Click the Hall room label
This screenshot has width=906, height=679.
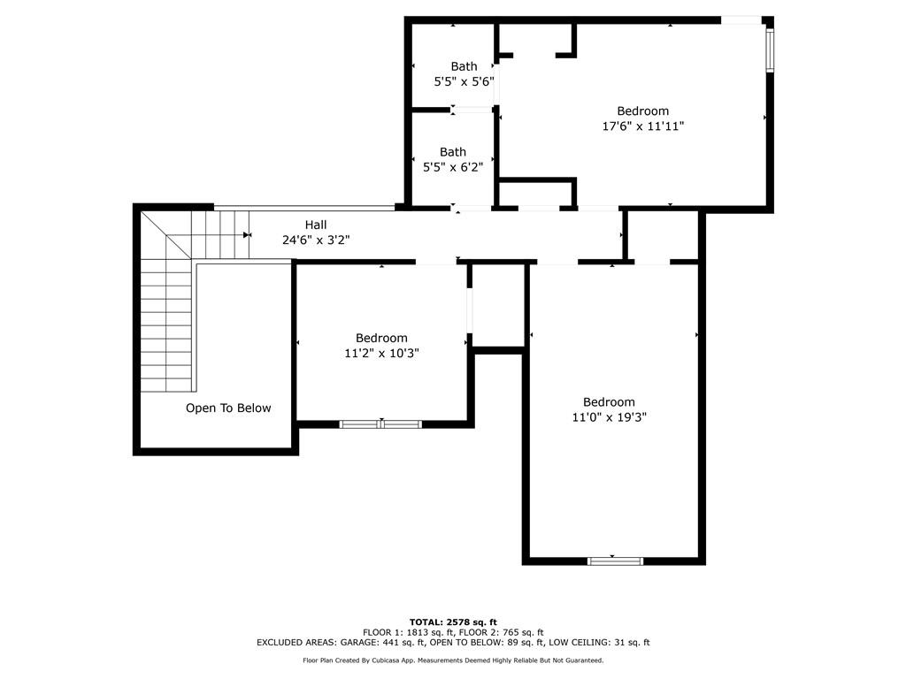[316, 225]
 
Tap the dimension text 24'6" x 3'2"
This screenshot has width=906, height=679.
[316, 240]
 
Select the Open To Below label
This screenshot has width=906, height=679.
[228, 408]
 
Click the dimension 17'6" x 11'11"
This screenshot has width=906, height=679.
[643, 126]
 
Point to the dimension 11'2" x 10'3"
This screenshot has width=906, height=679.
[381, 353]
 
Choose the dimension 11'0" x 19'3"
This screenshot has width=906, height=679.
[609, 417]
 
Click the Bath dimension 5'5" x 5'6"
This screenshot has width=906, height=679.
[464, 80]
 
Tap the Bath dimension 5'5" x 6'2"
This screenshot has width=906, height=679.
[452, 166]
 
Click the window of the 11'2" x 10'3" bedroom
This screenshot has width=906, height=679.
[380, 424]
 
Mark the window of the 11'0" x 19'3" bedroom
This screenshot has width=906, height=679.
[615, 560]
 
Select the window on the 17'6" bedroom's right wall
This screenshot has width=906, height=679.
[769, 50]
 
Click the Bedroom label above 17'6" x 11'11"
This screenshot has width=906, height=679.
[643, 111]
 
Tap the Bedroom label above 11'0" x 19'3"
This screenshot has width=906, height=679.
[609, 402]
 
